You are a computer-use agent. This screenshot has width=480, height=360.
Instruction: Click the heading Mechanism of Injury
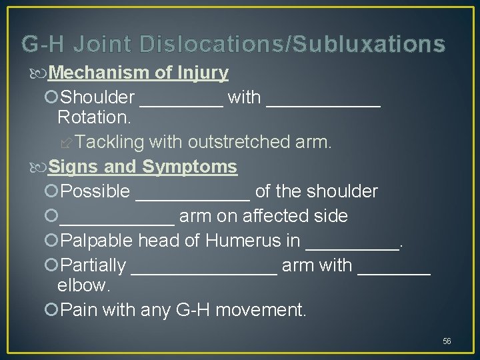[138, 73]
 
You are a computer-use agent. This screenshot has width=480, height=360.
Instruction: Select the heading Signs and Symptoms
[143, 166]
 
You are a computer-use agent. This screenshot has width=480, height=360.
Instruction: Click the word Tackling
[110, 142]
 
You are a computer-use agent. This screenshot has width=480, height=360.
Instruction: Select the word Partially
[93, 265]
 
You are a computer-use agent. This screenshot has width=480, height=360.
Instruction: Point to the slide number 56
[447, 341]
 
